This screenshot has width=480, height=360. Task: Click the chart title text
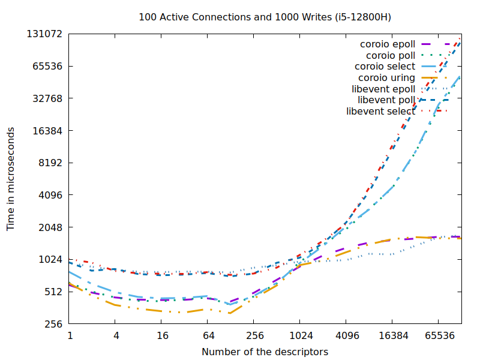pyautogui.click(x=265, y=17)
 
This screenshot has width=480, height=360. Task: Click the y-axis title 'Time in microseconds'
pyautogui.click(x=11, y=179)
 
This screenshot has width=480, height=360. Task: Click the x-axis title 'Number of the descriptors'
pyautogui.click(x=265, y=352)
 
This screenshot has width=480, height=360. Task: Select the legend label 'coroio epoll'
pyautogui.click(x=387, y=44)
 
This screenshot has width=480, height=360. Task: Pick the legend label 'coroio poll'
pyautogui.click(x=391, y=55)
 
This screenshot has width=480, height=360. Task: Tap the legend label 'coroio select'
pyautogui.click(x=385, y=67)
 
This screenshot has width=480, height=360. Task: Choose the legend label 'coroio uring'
pyautogui.click(x=386, y=78)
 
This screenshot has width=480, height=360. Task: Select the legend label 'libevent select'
pyautogui.click(x=380, y=112)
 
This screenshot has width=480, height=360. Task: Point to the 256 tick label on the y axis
pyautogui.click(x=54, y=325)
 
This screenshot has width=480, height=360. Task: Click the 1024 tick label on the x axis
pyautogui.click(x=301, y=337)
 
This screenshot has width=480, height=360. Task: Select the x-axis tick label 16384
pyautogui.click(x=394, y=337)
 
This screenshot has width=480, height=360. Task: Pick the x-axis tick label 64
pyautogui.click(x=209, y=337)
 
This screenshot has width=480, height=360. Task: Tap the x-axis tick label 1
pyautogui.click(x=70, y=337)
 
